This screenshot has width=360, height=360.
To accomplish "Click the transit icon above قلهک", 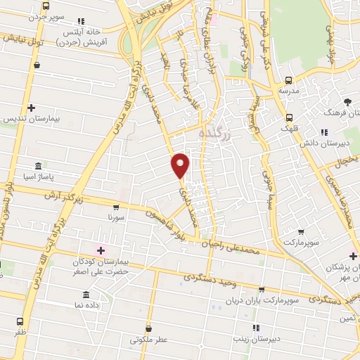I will coord(290,117).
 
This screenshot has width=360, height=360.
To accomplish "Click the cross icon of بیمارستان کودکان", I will coord(101,250).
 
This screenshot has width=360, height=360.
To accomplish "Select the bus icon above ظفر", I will coord(19,321).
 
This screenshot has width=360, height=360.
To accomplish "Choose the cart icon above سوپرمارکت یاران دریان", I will coord(261,289).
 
